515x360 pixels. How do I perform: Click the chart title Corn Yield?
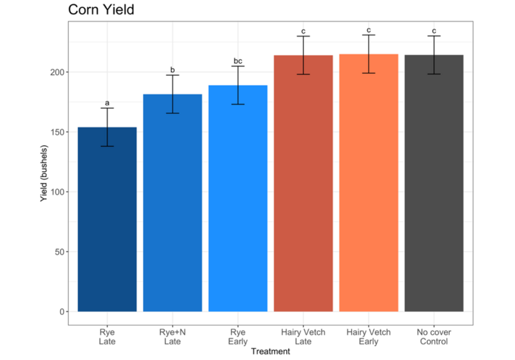[101, 10]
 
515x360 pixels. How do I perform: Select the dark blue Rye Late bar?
[107, 219]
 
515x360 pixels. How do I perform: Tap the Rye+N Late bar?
[172, 203]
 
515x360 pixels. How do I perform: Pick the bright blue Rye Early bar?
[237, 198]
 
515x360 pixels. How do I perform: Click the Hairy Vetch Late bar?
[303, 183]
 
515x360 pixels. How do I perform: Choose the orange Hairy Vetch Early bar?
[368, 183]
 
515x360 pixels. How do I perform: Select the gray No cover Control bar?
[434, 183]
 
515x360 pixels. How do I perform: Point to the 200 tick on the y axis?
[57, 72]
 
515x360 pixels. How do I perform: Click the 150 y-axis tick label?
[57, 132]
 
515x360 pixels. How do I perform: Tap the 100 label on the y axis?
[57, 192]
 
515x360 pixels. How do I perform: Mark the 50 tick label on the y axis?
[59, 252]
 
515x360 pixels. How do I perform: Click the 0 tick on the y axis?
[62, 311]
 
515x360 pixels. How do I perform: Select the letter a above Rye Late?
[107, 103]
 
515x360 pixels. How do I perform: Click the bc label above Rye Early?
[237, 61]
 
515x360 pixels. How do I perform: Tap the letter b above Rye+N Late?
[172, 69]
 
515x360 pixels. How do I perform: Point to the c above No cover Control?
[434, 31]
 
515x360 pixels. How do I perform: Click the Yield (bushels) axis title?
[44, 173]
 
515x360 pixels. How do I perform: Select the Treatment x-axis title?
[270, 351]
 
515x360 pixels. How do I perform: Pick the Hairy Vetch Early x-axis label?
[368, 336]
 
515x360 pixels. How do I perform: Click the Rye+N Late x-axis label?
[172, 336]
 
